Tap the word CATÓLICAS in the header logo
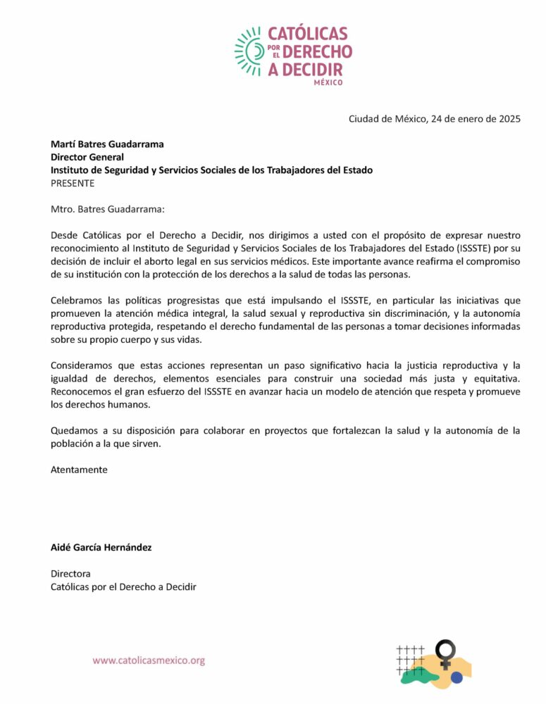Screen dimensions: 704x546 pos(307,34)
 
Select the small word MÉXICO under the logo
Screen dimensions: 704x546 pos(328,82)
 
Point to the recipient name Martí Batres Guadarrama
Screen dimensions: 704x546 pos(107,144)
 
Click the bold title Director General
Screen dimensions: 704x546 pos(87,157)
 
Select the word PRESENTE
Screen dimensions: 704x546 pos(73,183)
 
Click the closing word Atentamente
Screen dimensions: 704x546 pos(79,470)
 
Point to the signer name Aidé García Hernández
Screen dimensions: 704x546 pos(101,548)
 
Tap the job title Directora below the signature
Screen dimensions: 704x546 pos(70,574)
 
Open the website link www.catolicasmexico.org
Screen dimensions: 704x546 pos(149,660)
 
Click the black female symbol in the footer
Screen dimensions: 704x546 pos(445,653)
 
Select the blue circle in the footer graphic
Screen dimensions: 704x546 pos(457,678)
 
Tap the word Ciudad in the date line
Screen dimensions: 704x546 pos(365,118)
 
